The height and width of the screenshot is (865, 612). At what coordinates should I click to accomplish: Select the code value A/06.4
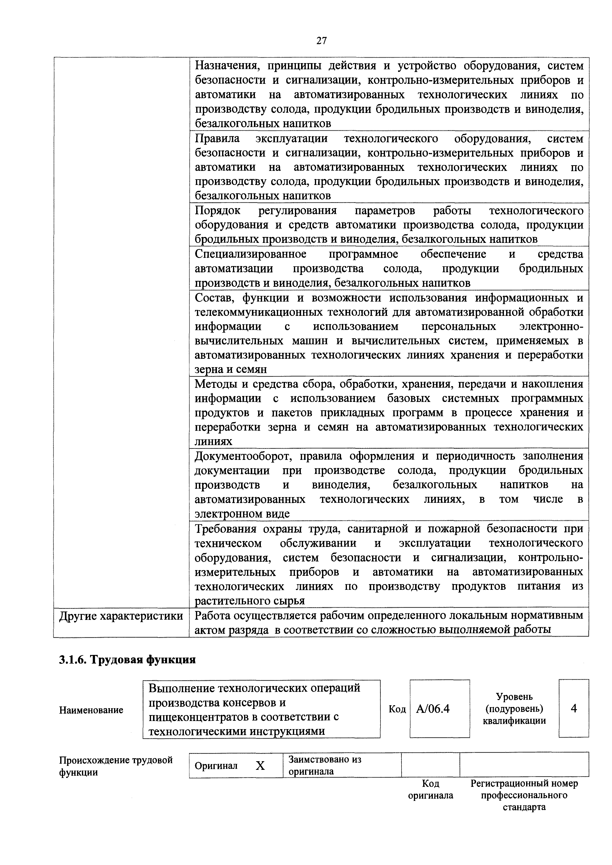(x=433, y=709)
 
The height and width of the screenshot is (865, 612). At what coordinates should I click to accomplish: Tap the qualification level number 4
(x=574, y=709)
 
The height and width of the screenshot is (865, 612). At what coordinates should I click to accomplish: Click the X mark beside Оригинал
(x=260, y=766)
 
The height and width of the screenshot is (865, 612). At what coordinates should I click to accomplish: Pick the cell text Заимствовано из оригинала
(x=324, y=765)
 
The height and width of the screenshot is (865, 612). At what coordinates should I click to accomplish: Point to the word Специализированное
(x=250, y=254)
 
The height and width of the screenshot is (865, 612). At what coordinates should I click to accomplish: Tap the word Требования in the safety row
(x=230, y=529)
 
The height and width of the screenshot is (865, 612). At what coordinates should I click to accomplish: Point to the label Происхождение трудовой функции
(x=116, y=766)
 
